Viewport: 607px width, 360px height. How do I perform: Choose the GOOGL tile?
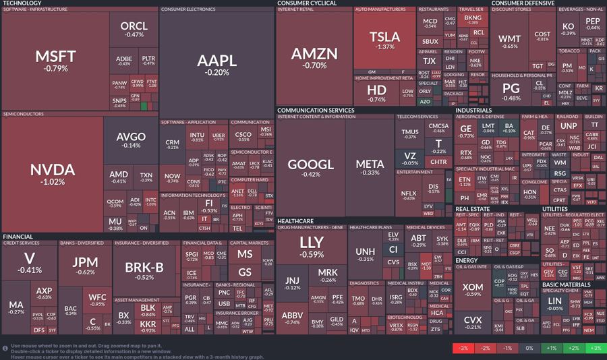310,167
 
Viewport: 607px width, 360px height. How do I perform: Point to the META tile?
370,167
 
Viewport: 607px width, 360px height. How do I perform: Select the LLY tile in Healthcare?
312,247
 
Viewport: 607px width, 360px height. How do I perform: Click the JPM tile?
85,266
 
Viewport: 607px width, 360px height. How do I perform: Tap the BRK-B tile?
144,270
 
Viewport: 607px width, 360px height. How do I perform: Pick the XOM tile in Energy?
473,290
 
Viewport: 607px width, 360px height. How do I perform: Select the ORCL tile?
134,29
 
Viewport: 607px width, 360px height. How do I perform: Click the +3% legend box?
594,349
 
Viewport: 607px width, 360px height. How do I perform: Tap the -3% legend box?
463,349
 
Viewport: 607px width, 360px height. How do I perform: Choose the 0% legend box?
529,349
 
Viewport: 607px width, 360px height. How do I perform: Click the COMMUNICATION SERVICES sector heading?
316,110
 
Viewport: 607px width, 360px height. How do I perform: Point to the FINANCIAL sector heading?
18,237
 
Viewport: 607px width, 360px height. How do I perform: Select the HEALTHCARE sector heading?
295,221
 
